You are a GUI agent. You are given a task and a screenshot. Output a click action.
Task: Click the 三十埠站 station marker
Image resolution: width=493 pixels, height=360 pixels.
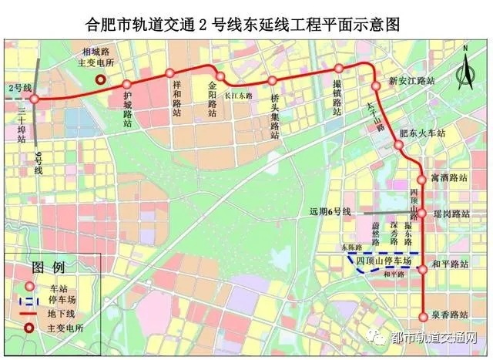(35, 99)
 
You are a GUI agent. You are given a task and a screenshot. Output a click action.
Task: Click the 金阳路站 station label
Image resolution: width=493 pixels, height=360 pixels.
(213, 99)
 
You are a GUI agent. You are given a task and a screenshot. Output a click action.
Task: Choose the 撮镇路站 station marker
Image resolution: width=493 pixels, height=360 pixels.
(337, 69)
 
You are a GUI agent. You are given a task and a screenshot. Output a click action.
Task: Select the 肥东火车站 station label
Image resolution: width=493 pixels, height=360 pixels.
(428, 133)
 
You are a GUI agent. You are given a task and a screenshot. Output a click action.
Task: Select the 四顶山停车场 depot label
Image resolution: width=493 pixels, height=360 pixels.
(384, 262)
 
